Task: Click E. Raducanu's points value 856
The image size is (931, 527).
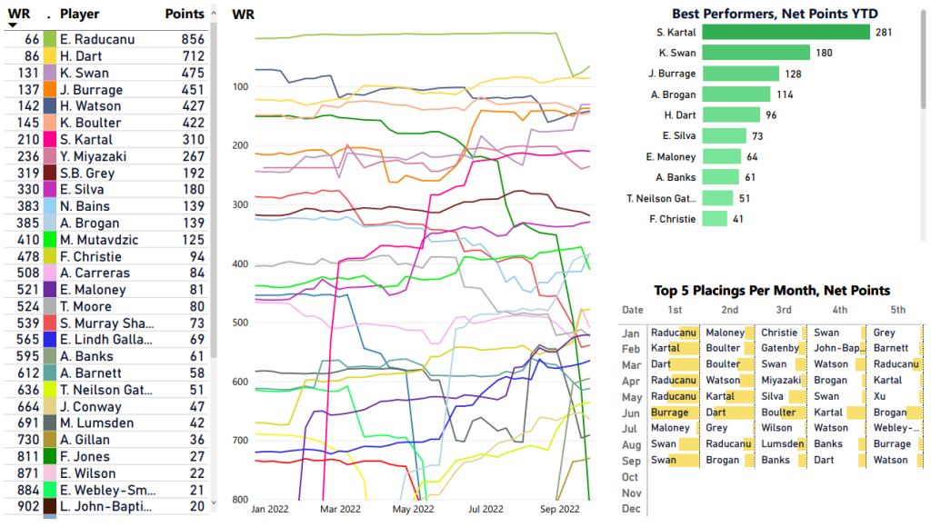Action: [x=192, y=40]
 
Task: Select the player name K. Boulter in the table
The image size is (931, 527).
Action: [x=90, y=123]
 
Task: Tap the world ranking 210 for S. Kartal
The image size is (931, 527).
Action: [x=27, y=140]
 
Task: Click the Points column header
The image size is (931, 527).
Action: [x=185, y=15]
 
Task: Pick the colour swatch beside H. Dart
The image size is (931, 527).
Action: [x=50, y=56]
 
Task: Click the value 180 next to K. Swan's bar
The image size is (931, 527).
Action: [x=824, y=53]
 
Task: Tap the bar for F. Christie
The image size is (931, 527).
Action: [x=715, y=219]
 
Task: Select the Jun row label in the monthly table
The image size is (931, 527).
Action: [x=631, y=413]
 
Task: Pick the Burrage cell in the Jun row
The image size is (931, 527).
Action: [x=670, y=413]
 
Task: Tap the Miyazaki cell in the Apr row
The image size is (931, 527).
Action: [x=782, y=381]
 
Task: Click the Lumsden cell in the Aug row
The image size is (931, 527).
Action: [x=782, y=444]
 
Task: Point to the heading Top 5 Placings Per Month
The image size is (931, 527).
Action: [x=772, y=291]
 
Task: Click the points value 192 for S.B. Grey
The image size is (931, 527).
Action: [x=192, y=173]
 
